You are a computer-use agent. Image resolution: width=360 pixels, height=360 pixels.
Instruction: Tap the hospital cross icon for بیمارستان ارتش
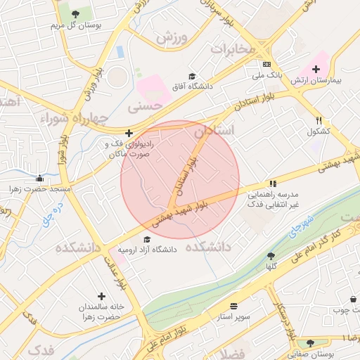(316, 69)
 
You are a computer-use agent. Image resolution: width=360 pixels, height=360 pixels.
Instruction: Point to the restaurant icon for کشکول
(319, 121)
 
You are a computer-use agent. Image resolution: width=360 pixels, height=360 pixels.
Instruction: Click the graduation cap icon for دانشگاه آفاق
(191, 76)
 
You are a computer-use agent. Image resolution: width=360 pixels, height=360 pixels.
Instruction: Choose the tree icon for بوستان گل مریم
(75, 14)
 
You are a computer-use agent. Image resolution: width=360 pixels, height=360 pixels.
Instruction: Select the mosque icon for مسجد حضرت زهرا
(40, 179)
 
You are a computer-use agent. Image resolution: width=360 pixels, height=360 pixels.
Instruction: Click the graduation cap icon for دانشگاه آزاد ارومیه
(147, 240)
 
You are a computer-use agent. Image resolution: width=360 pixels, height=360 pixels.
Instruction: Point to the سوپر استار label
(233, 318)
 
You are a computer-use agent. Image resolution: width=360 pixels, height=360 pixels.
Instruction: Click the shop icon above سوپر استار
(233, 307)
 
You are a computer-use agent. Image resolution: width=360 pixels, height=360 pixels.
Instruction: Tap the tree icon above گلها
(271, 256)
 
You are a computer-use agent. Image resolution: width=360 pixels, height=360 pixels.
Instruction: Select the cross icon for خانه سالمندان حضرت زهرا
(102, 296)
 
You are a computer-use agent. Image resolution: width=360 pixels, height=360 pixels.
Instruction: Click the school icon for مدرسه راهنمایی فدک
(273, 184)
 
